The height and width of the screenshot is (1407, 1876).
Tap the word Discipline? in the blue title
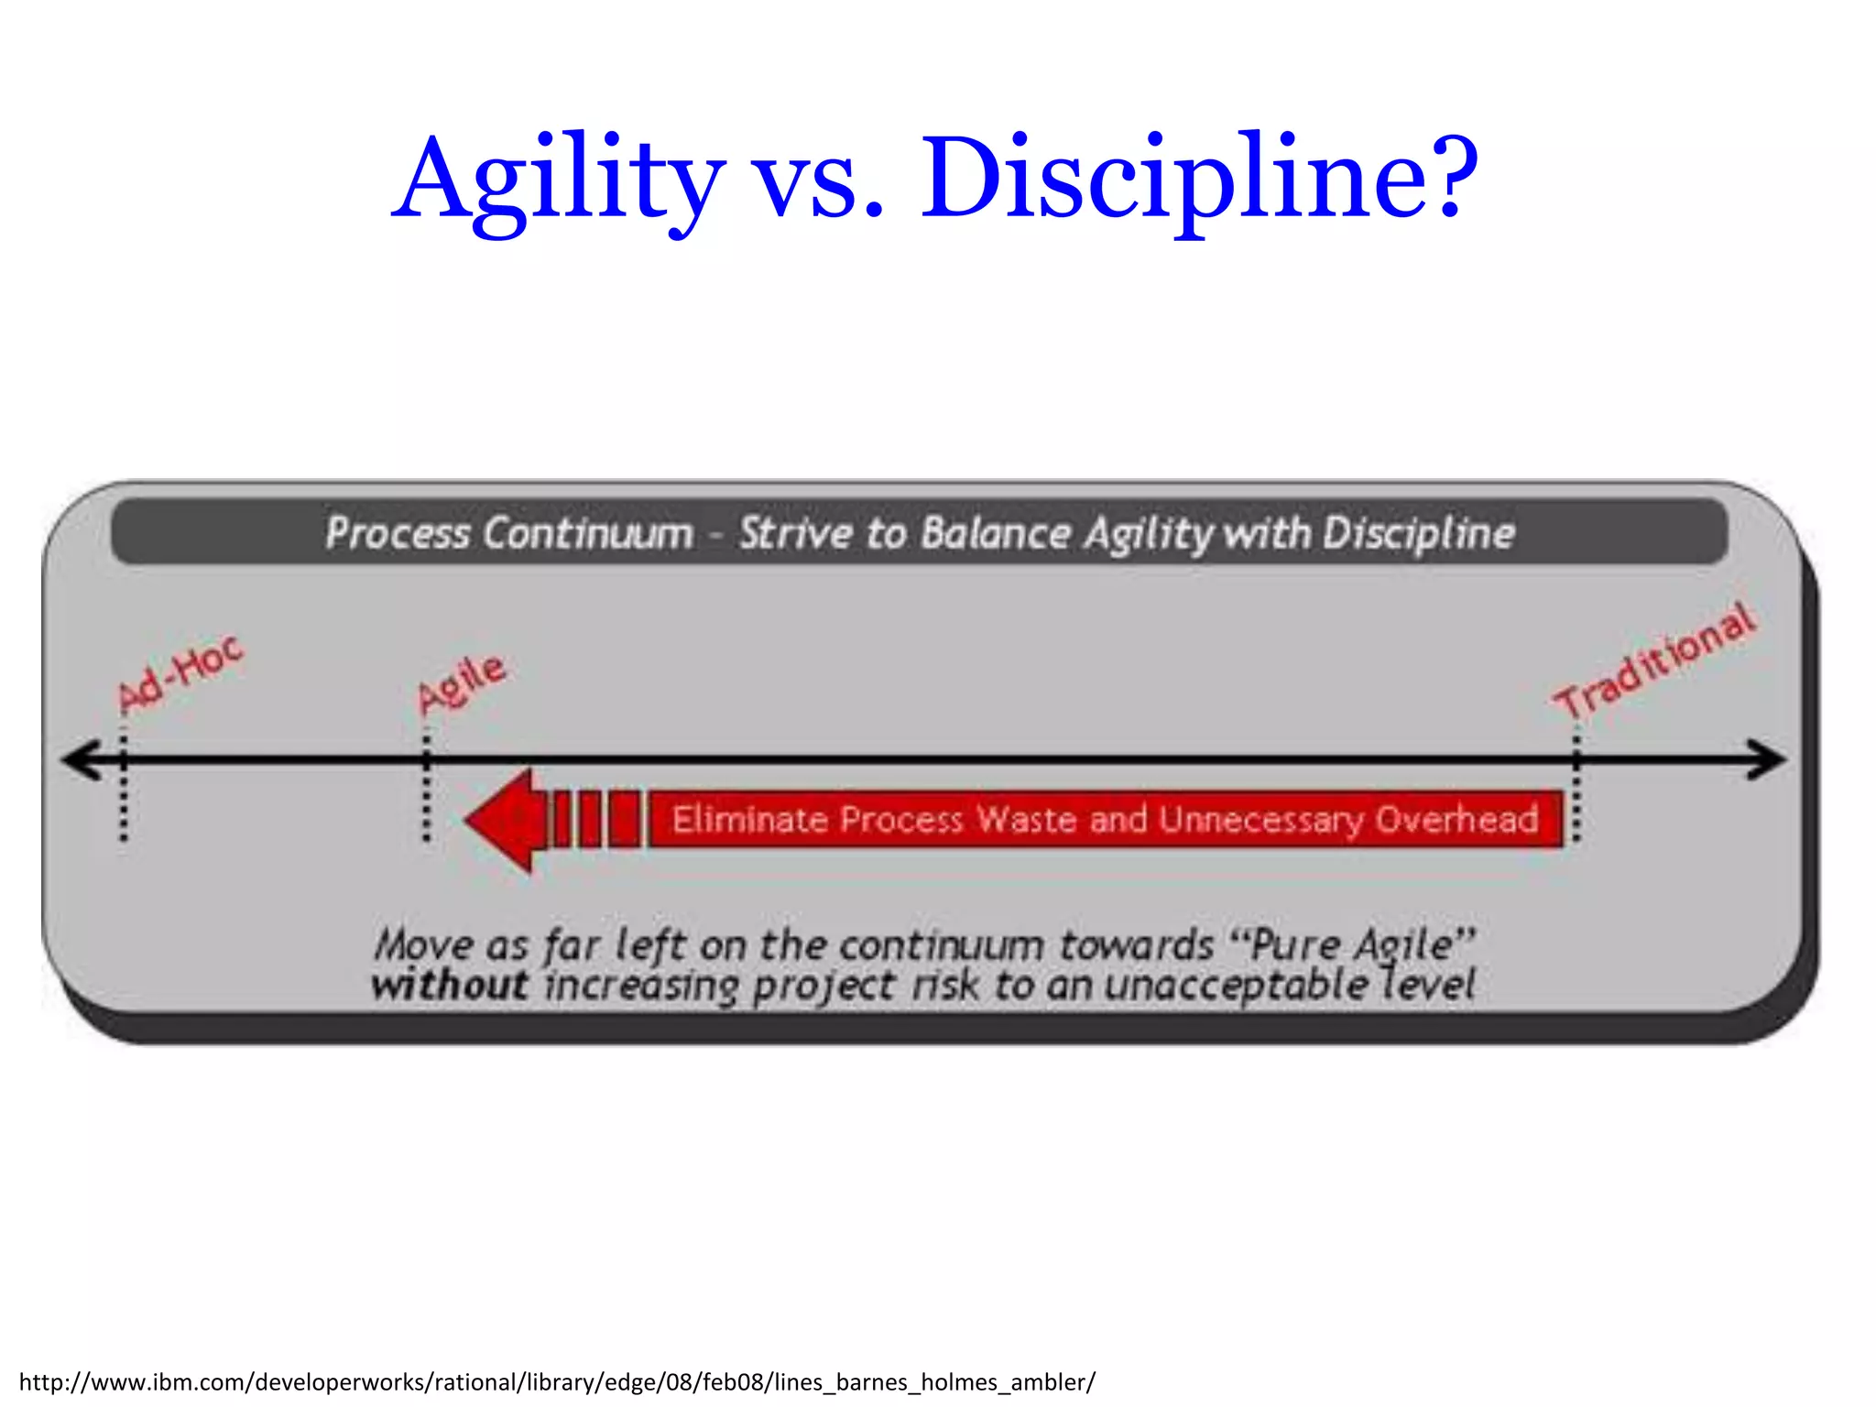[x=1198, y=179]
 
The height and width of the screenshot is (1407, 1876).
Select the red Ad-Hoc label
[x=180, y=673]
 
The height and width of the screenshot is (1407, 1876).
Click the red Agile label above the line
[x=461, y=682]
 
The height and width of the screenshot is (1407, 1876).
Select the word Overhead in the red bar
[x=1456, y=819]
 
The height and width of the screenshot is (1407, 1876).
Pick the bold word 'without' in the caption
[x=449, y=986]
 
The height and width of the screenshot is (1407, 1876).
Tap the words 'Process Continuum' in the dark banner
[x=509, y=533]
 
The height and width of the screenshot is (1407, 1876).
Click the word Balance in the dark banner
[x=996, y=533]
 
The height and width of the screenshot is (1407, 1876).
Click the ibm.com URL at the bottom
[x=557, y=1381]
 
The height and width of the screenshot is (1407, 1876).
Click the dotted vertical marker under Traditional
[x=1576, y=788]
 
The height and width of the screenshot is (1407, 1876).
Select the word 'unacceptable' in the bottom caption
[x=1237, y=986]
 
